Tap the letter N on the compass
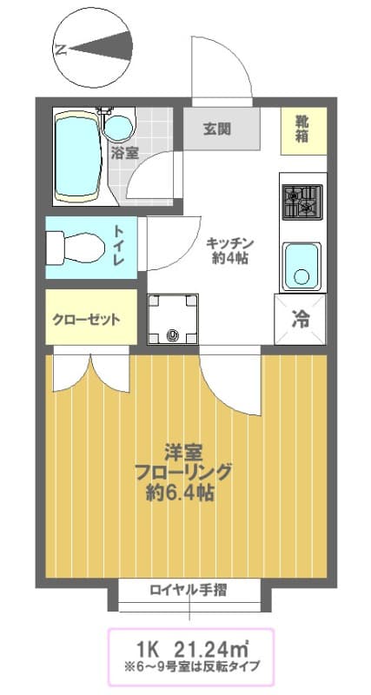tap(61, 49)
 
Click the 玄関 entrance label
tap(216, 129)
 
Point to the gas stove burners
tap(301, 202)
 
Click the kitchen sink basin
tap(301, 263)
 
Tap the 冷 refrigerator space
tap(301, 319)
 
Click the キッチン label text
tap(230, 244)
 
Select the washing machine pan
tap(172, 319)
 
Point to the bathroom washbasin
tap(117, 127)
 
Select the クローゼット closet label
tap(87, 319)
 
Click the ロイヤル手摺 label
tap(189, 591)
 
